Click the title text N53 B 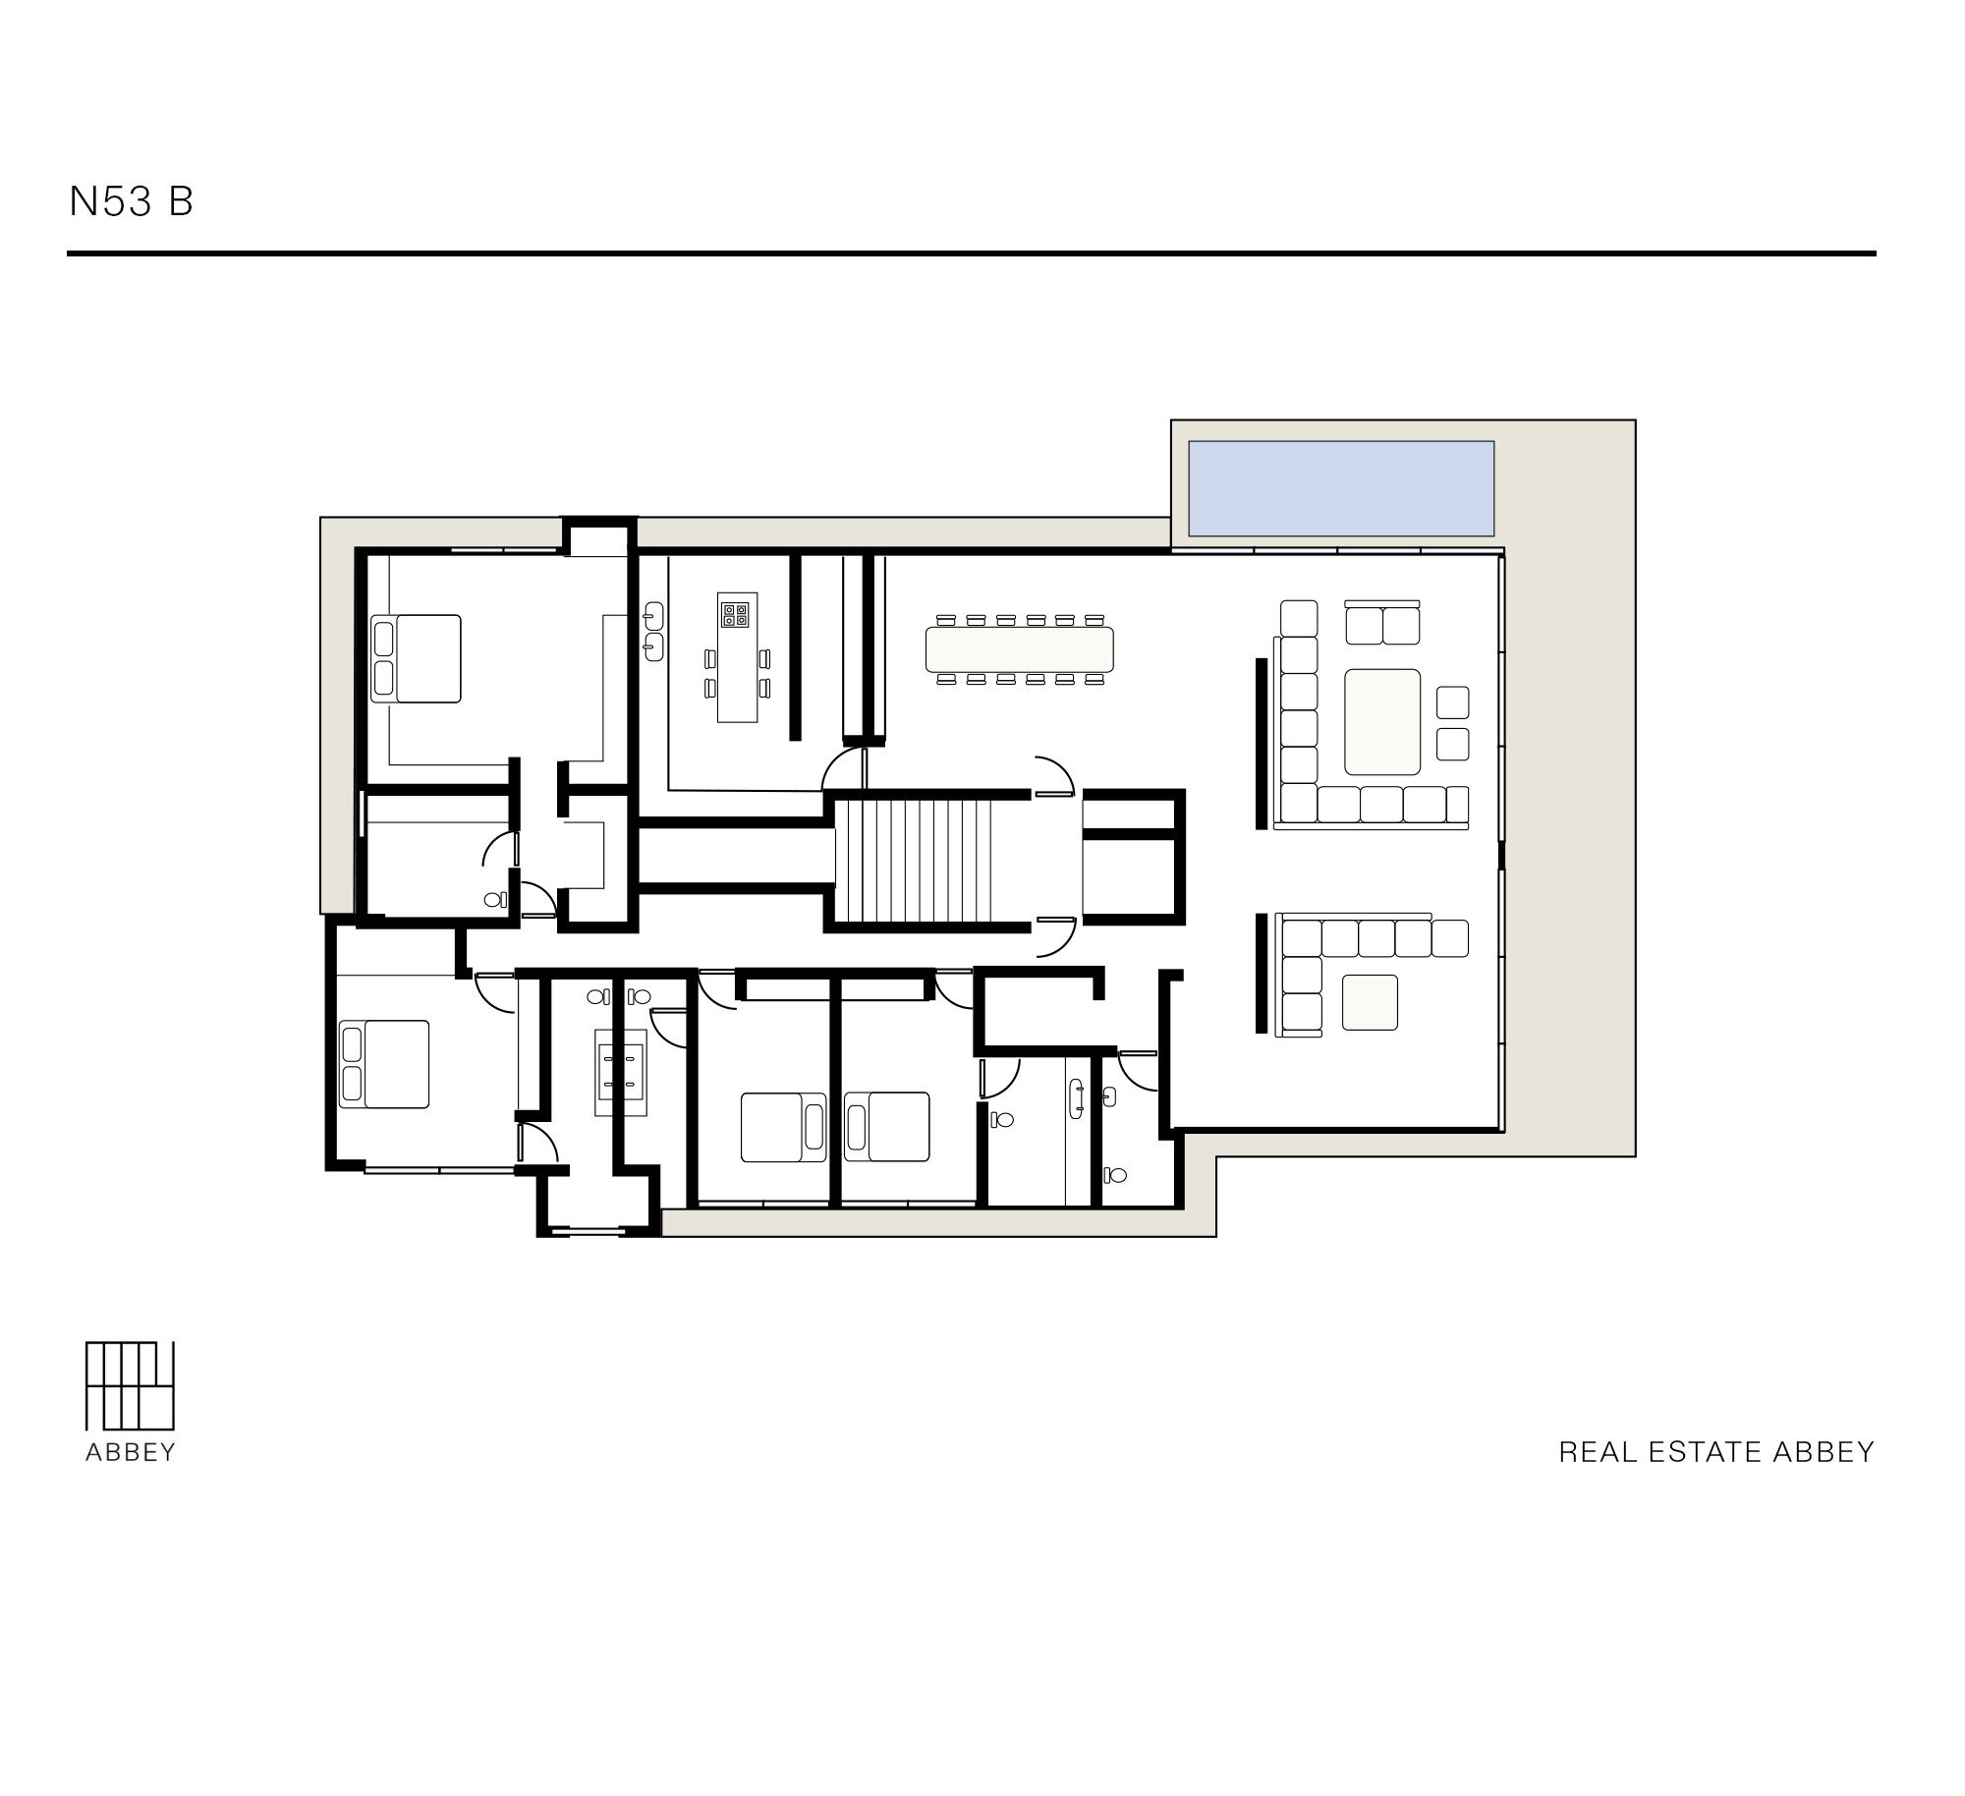point(131,201)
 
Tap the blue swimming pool point(1341,488)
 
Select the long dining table point(1020,648)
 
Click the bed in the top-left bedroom point(417,658)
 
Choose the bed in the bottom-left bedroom point(384,1064)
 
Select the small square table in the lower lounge point(1370,1002)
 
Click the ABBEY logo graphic point(130,1385)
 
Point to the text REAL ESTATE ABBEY point(1716,1452)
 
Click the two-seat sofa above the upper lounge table point(1382,622)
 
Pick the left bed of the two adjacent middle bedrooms point(783,1127)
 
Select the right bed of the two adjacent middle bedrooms point(886,1127)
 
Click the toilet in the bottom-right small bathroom point(1114,1173)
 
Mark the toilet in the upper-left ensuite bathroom point(494,899)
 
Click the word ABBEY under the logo point(130,1453)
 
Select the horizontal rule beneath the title point(972,253)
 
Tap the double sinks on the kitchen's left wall point(654,631)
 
